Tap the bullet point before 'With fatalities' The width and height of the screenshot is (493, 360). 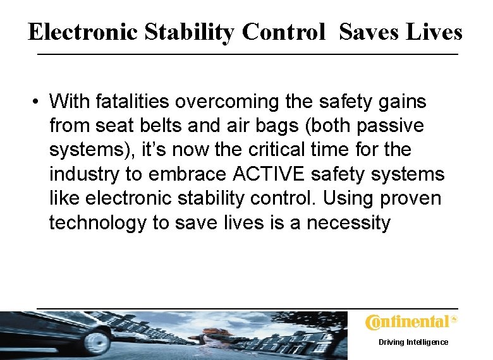pos(39,101)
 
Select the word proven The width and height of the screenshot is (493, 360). pos(411,198)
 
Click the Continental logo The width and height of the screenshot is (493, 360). pos(410,322)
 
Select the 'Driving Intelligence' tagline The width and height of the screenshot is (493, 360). pos(413,342)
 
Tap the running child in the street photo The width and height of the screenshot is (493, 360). pos(209,335)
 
